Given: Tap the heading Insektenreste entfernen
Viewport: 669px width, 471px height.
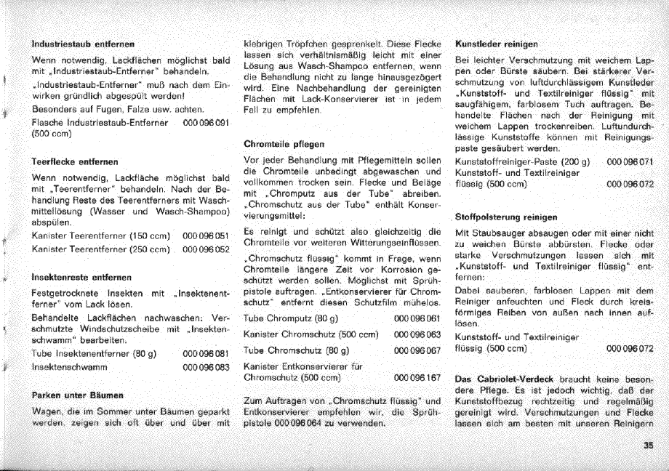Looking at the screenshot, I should pos(80,277).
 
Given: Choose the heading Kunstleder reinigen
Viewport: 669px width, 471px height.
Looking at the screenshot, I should pos(496,44).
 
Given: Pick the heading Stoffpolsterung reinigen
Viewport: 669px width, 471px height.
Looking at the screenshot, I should pos(505,217).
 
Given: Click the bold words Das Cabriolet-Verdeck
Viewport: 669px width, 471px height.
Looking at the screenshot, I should pos(504,379).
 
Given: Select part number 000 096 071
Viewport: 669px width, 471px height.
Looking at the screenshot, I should pos(630,161).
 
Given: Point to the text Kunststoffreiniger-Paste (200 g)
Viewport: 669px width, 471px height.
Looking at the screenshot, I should pos(521,161).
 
